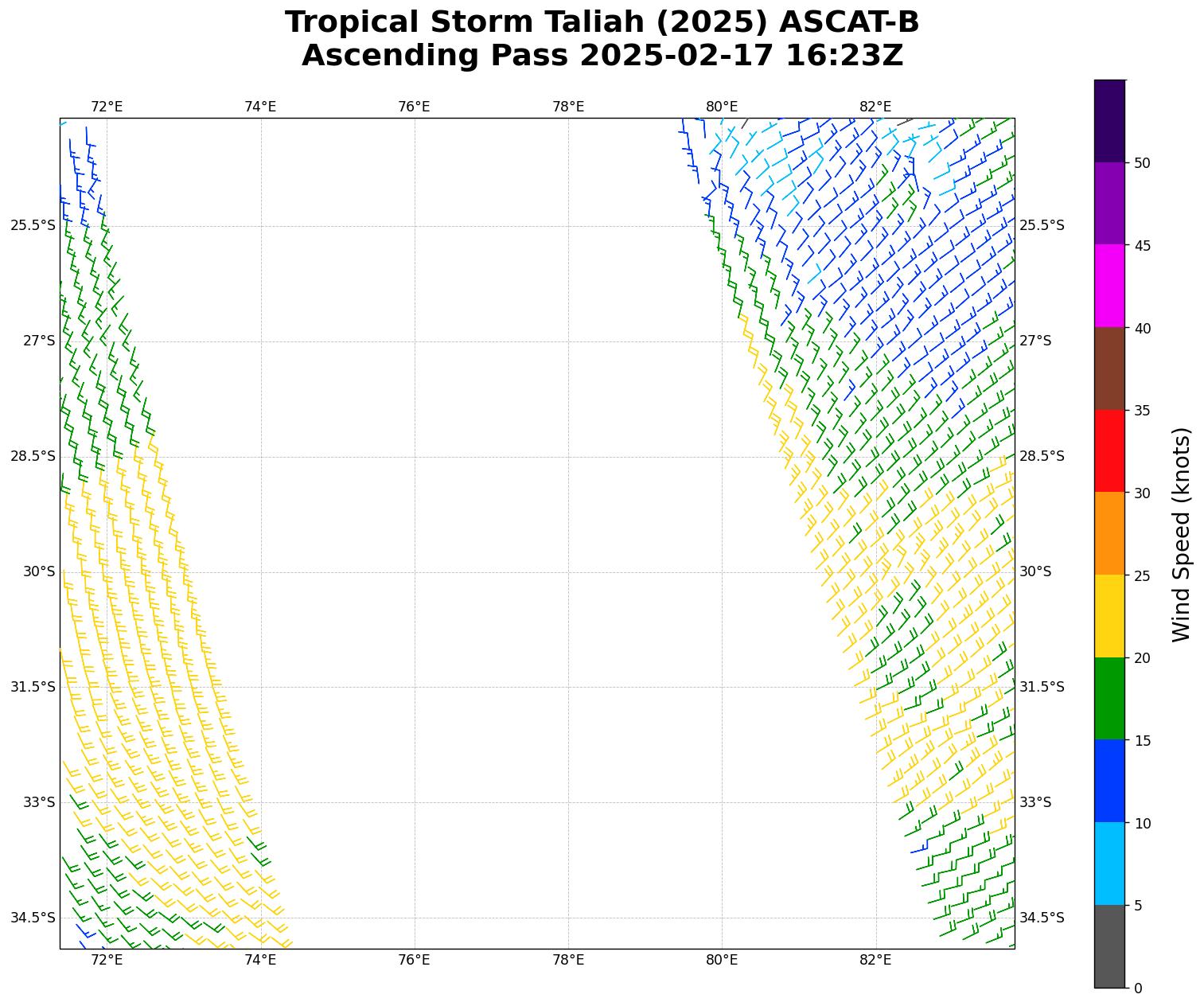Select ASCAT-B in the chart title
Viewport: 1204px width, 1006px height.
849,22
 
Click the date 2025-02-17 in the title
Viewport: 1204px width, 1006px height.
678,56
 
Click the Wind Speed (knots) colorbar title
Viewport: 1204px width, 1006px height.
1183,534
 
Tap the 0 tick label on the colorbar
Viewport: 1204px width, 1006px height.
1138,988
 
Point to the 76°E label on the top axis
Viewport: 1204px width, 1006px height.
414,107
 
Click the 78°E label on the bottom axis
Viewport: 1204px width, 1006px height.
568,960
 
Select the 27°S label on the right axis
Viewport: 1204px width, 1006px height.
1035,341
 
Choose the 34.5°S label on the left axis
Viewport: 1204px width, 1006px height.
33,918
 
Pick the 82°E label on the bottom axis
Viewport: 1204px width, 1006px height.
875,960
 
